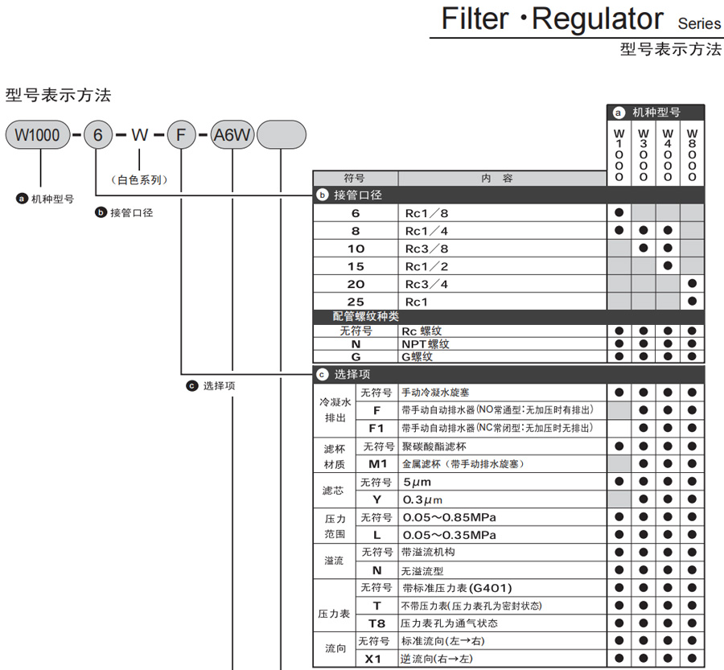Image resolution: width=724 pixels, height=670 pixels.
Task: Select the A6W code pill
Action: pos(232,135)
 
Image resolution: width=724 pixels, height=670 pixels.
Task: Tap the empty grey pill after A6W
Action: pos(281,135)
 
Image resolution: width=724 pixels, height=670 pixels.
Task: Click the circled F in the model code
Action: pos(181,135)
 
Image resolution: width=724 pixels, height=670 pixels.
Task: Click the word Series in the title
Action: pos(699,23)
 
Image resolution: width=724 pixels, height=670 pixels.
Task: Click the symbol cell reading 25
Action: pos(356,302)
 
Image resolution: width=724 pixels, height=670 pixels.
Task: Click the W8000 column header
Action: pos(692,154)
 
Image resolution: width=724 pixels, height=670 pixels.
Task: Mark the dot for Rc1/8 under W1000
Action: pos(619,213)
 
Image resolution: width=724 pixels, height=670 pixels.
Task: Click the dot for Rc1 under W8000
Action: pos(692,302)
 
